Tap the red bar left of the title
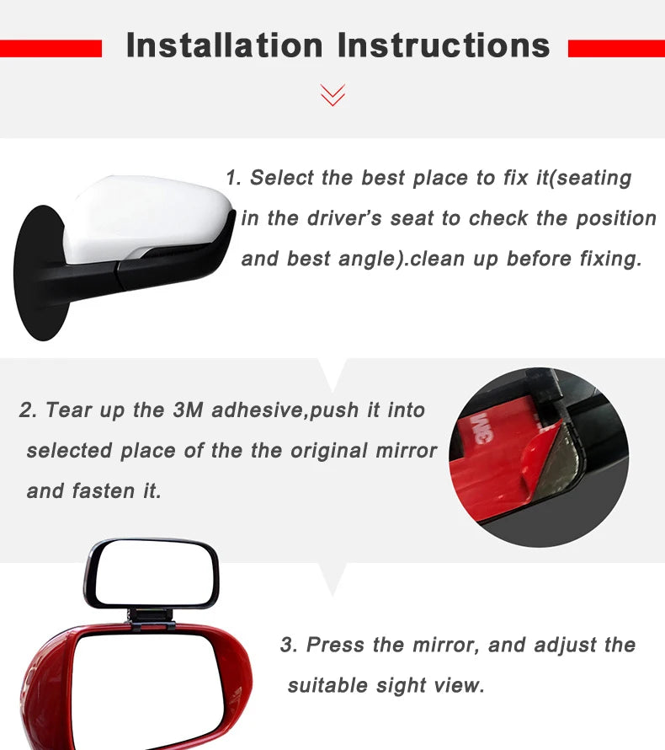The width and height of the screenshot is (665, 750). click(x=51, y=49)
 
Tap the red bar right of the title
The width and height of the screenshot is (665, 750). click(x=616, y=49)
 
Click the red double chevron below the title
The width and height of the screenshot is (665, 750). click(x=333, y=94)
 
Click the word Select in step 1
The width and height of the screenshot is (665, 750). click(x=282, y=178)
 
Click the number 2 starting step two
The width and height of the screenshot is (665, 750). click(x=26, y=410)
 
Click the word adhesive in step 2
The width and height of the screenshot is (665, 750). click(x=259, y=410)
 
